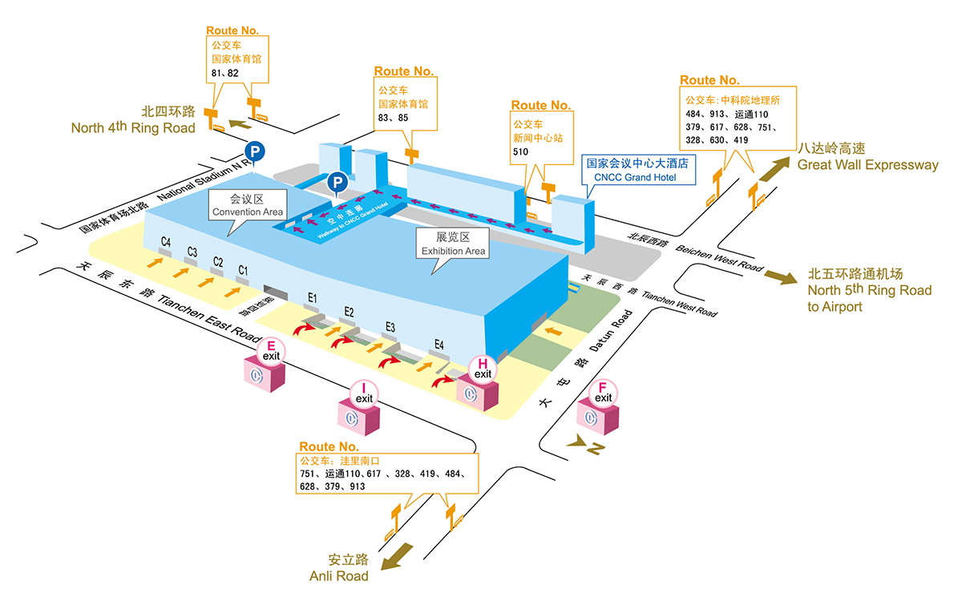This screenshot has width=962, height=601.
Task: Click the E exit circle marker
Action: (x=271, y=350)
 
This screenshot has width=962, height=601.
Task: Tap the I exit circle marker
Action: (x=364, y=393)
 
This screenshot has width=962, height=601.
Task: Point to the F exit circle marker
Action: (x=603, y=393)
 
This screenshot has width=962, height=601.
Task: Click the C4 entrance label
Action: (x=166, y=241)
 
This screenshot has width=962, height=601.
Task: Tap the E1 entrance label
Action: (x=313, y=298)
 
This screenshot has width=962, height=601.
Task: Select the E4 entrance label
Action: (x=439, y=345)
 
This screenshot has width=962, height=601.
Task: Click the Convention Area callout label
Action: (x=246, y=206)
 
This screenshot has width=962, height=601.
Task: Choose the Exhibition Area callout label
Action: (x=454, y=244)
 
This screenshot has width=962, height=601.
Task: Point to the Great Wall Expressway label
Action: (x=867, y=157)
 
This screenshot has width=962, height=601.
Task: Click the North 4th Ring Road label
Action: (x=133, y=119)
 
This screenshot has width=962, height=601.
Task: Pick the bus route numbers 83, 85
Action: (x=393, y=118)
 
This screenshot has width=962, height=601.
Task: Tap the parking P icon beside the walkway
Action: (x=338, y=184)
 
